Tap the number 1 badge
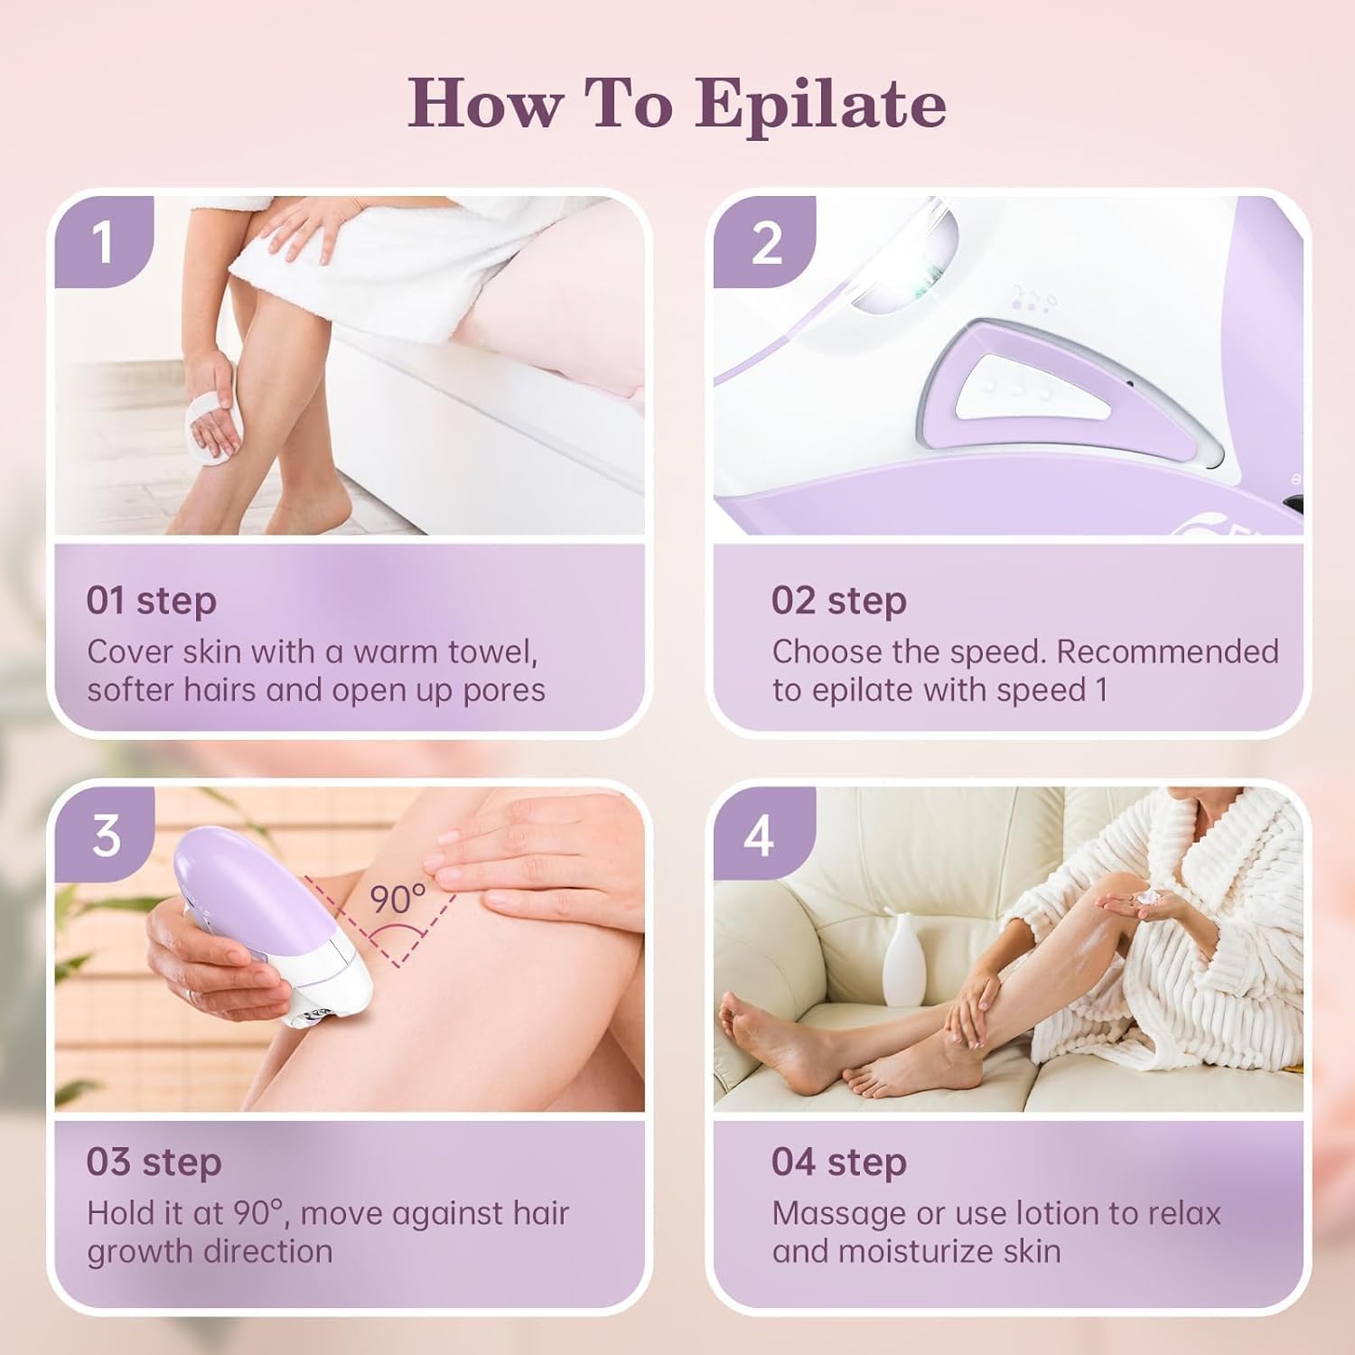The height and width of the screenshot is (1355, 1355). coord(102,241)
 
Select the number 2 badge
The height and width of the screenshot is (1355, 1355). coord(765,242)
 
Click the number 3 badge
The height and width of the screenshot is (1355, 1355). coord(105,835)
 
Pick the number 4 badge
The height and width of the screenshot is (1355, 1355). coord(759,836)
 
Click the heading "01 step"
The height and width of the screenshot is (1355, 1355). coord(151,601)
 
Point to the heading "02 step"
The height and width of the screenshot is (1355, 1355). coord(838,601)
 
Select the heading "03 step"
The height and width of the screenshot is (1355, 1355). coord(154,1162)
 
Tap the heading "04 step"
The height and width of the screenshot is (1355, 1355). coord(839,1162)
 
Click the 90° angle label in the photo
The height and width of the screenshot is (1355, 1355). coord(397,899)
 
